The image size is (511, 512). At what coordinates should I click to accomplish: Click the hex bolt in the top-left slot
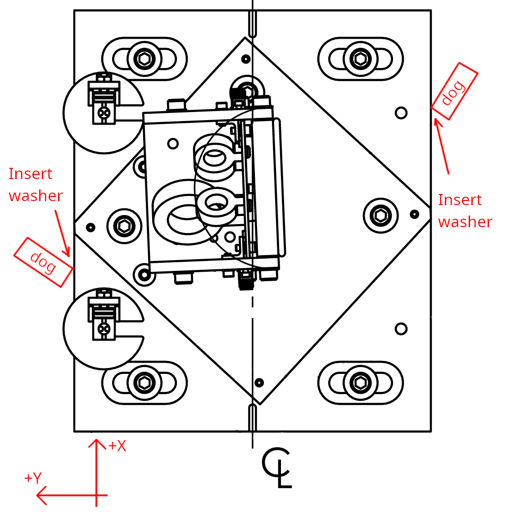tap(145, 59)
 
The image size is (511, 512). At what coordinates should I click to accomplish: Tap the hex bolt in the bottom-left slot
tap(145, 383)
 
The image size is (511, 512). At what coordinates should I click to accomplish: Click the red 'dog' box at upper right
tap(454, 91)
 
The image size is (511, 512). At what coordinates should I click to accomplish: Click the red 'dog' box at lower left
tap(43, 262)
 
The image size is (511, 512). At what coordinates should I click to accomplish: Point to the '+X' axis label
tap(118, 446)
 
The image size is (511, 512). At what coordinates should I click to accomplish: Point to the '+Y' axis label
tap(33, 478)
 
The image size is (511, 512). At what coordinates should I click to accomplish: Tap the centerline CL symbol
tap(276, 467)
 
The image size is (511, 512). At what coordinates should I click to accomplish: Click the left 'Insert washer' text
tap(35, 184)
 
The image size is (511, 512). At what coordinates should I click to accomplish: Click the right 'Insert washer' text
tap(465, 211)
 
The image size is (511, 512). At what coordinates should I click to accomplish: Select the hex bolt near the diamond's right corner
tap(381, 216)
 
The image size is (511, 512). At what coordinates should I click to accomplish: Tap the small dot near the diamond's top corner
tap(246, 58)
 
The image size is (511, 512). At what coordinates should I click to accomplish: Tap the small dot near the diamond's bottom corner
tap(259, 382)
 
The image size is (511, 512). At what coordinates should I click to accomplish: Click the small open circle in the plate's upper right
tap(401, 112)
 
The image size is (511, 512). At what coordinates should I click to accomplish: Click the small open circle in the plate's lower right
tap(401, 329)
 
